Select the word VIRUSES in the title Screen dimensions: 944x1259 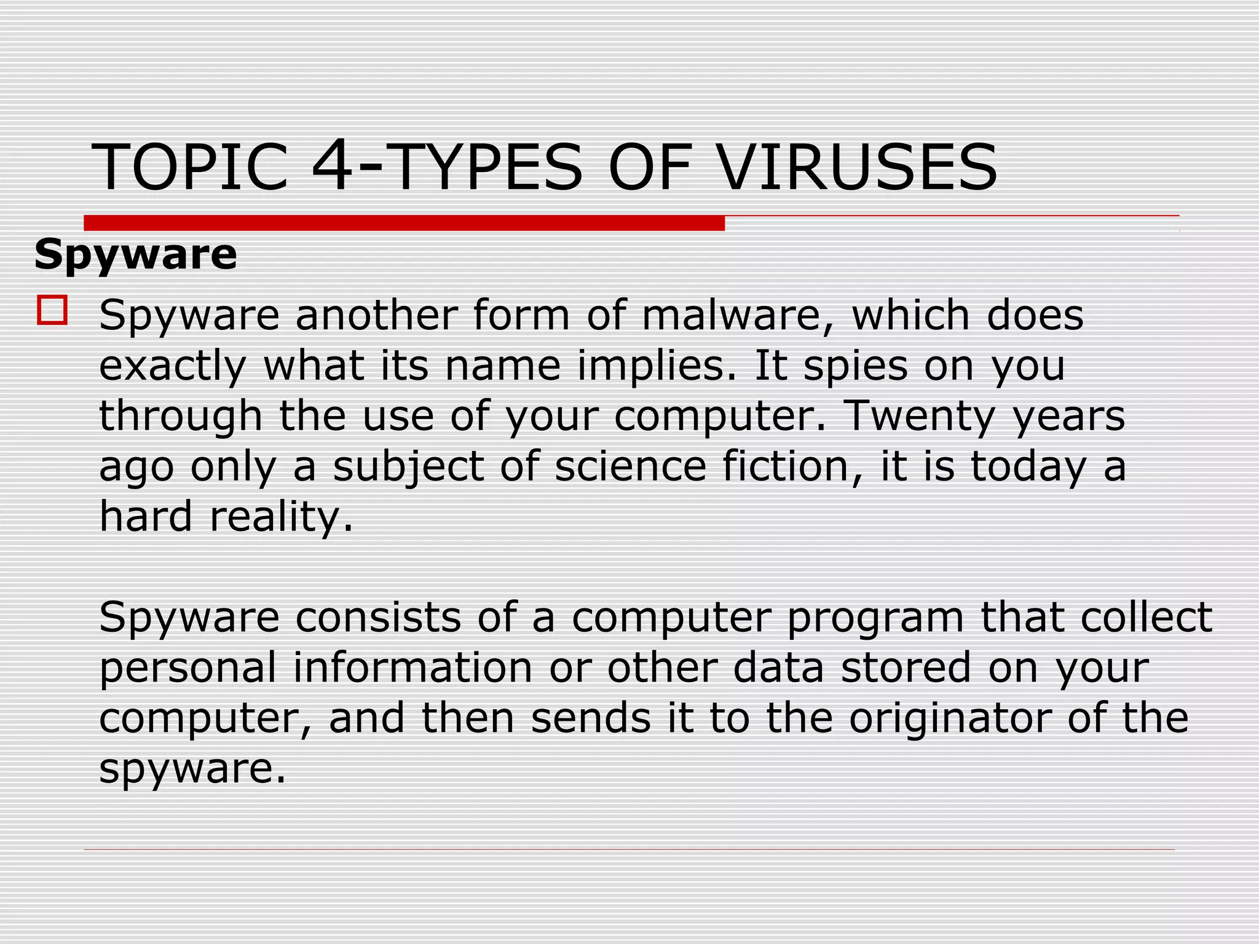(x=857, y=167)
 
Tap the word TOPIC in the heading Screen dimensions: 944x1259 (x=190, y=167)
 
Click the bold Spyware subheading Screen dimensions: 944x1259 (x=135, y=254)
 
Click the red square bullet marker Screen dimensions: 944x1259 (x=52, y=310)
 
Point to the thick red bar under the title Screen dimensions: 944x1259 (x=404, y=222)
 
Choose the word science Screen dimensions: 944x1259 (x=630, y=466)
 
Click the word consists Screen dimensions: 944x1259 (x=378, y=617)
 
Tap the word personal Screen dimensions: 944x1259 (x=187, y=668)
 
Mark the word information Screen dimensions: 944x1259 (x=412, y=667)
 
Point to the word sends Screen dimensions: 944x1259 (x=591, y=718)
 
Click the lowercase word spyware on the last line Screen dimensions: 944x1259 (x=192, y=769)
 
